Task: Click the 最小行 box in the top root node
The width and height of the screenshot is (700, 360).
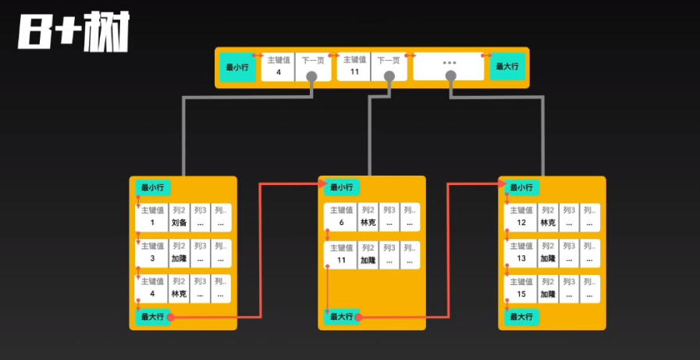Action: click(x=236, y=68)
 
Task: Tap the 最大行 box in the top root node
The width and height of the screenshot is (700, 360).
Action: click(x=506, y=68)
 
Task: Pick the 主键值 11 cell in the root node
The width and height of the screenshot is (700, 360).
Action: click(x=354, y=66)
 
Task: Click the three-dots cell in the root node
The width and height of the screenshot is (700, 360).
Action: click(x=449, y=63)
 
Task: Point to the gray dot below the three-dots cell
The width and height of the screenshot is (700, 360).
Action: click(x=450, y=76)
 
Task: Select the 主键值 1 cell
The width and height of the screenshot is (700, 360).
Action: click(x=152, y=217)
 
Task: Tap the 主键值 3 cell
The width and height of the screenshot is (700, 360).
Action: click(x=152, y=253)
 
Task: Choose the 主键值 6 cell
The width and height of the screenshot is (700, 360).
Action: click(x=341, y=217)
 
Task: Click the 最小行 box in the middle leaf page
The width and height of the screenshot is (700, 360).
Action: click(x=341, y=187)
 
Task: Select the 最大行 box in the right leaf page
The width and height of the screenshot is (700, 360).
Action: click(x=521, y=317)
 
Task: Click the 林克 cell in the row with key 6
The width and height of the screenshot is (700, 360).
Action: click(x=368, y=217)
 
